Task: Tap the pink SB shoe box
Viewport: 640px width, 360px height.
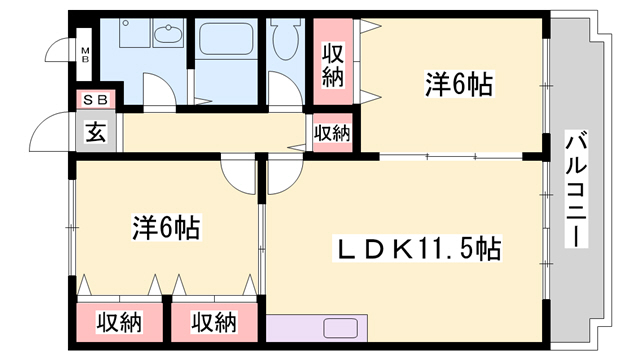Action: pyautogui.click(x=97, y=99)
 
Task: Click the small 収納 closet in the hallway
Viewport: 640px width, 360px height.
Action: pyautogui.click(x=333, y=132)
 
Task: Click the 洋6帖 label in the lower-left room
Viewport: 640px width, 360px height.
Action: pyautogui.click(x=166, y=228)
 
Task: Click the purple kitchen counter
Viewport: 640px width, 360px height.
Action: pyautogui.click(x=318, y=328)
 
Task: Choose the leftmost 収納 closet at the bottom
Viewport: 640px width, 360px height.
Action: pyautogui.click(x=120, y=322)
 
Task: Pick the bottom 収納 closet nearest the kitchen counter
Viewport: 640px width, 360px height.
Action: pyautogui.click(x=214, y=322)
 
